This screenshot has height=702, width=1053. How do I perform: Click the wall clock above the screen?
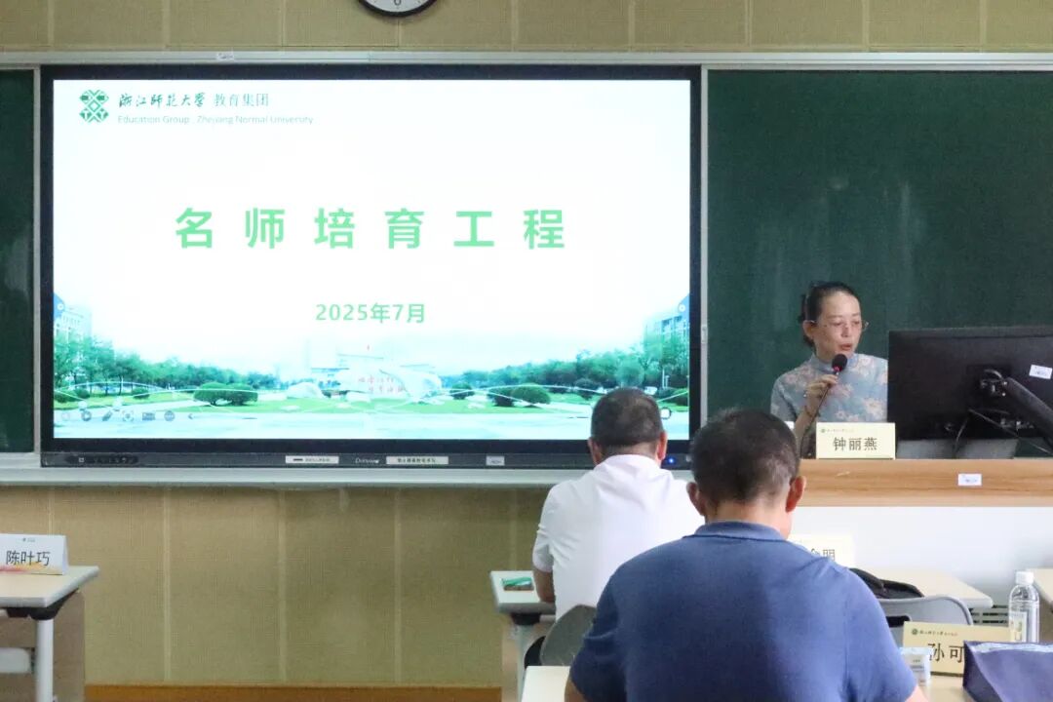(x=397, y=6)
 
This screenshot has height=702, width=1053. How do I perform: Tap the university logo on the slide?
(x=94, y=105)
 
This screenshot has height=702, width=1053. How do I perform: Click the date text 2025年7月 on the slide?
(x=370, y=313)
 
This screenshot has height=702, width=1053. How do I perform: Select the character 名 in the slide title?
(x=194, y=228)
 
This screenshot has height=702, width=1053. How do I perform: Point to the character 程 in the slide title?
(x=543, y=228)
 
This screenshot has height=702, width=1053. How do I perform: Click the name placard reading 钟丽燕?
(x=854, y=441)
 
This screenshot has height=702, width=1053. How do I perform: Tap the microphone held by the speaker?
(x=838, y=364)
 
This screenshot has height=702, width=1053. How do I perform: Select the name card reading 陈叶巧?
(x=32, y=554)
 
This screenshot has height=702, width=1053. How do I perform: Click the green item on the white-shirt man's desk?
(x=518, y=583)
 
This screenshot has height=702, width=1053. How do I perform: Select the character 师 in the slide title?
(x=265, y=228)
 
